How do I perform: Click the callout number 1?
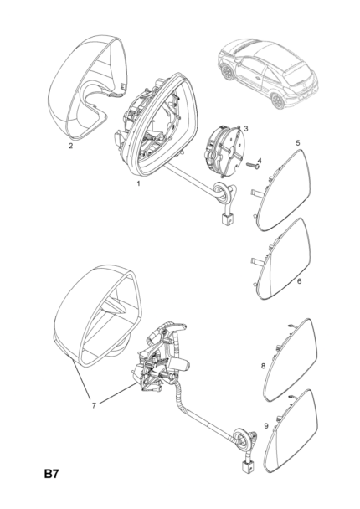(138, 183)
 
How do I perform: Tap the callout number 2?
(71, 146)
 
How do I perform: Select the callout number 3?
(246, 129)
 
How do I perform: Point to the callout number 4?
(259, 161)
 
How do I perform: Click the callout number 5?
(298, 142)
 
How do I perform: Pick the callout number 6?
(299, 280)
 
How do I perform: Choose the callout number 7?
(94, 405)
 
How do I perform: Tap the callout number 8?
(263, 366)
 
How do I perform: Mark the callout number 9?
(266, 425)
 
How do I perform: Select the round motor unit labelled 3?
(224, 152)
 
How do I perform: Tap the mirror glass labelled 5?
(282, 191)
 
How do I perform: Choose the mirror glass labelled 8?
(288, 360)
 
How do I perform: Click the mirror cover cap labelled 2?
(87, 87)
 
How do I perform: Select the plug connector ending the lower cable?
(246, 467)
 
